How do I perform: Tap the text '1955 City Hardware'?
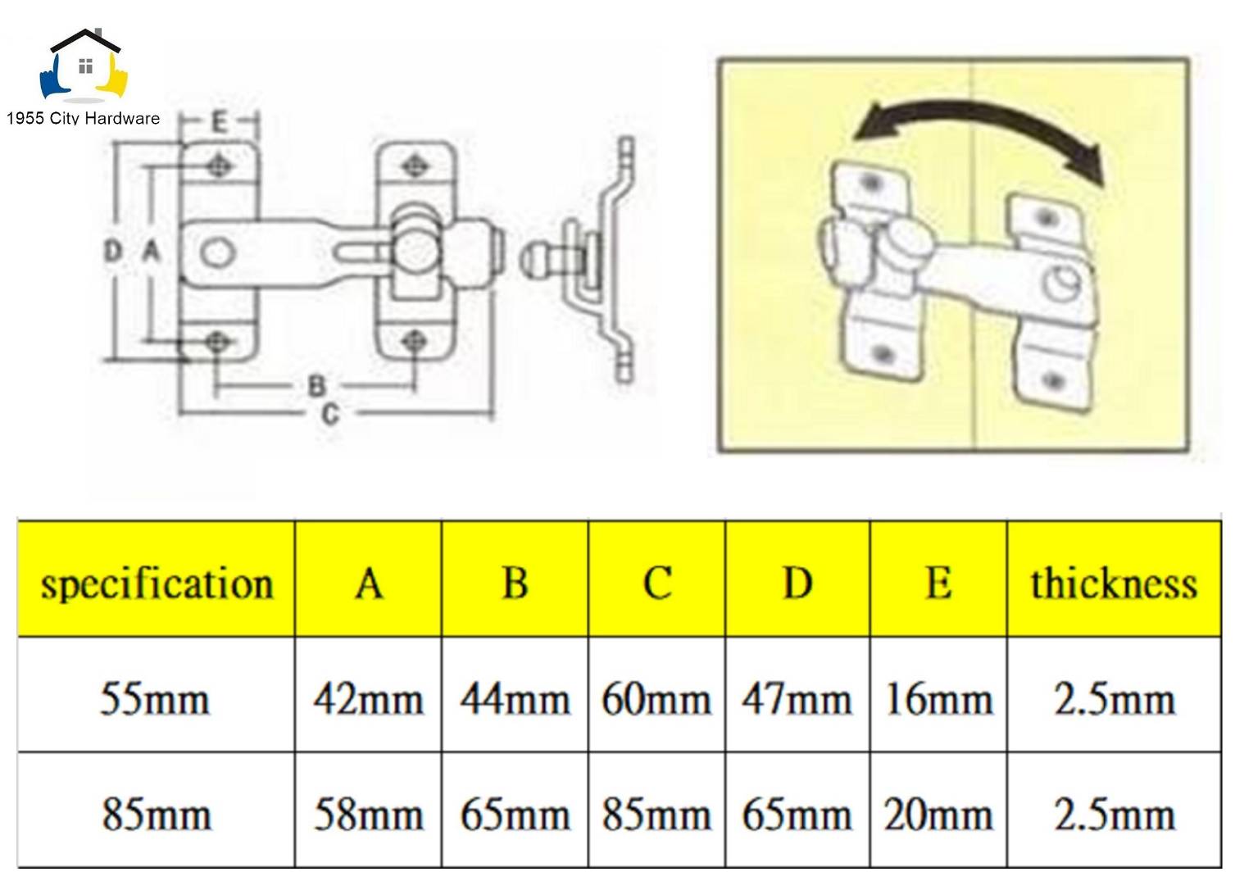(83, 118)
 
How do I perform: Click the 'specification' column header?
(157, 583)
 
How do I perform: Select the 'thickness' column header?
(1114, 583)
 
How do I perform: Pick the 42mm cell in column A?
(368, 699)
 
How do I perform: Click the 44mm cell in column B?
(515, 699)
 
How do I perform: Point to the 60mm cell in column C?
(656, 699)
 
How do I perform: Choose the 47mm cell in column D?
(797, 699)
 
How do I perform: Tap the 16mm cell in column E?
(938, 699)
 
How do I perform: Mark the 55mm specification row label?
(155, 699)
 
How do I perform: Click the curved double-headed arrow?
(979, 130)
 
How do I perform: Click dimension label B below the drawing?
(316, 385)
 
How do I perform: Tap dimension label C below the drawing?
(329, 415)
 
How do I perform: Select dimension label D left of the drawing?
(113, 251)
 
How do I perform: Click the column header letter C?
(656, 583)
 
